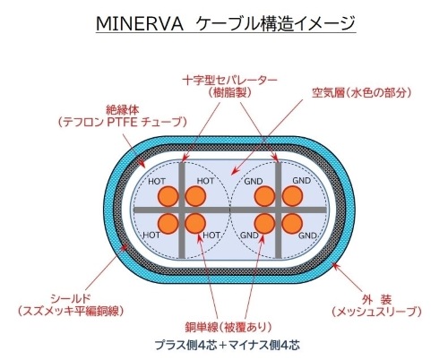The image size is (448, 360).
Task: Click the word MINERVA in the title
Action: [x=139, y=24]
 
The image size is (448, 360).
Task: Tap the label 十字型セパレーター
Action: [x=229, y=81]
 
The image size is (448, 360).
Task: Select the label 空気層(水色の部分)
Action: [x=361, y=93]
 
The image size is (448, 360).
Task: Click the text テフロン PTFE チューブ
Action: [x=123, y=123]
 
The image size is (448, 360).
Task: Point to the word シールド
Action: [x=71, y=298]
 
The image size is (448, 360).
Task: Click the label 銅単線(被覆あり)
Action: [x=228, y=327]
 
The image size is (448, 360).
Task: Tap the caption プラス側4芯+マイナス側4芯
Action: [x=227, y=345]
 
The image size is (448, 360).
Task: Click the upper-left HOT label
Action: [x=157, y=182]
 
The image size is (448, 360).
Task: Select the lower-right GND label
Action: [x=307, y=236]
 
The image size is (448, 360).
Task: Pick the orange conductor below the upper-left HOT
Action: [x=168, y=196]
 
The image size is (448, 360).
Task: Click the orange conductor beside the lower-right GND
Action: [x=292, y=224]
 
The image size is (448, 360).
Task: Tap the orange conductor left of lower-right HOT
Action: [x=195, y=224]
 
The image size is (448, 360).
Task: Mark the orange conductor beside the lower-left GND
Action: [x=264, y=224]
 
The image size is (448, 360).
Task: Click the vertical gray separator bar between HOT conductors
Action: [x=182, y=210]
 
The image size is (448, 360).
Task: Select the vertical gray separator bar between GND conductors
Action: [x=279, y=210]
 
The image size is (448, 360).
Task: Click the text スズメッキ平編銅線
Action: [x=71, y=312]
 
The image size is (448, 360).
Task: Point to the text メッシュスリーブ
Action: [x=376, y=312]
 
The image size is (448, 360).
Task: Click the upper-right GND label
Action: [x=302, y=181]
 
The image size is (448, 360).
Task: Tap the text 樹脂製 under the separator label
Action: [x=229, y=93]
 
